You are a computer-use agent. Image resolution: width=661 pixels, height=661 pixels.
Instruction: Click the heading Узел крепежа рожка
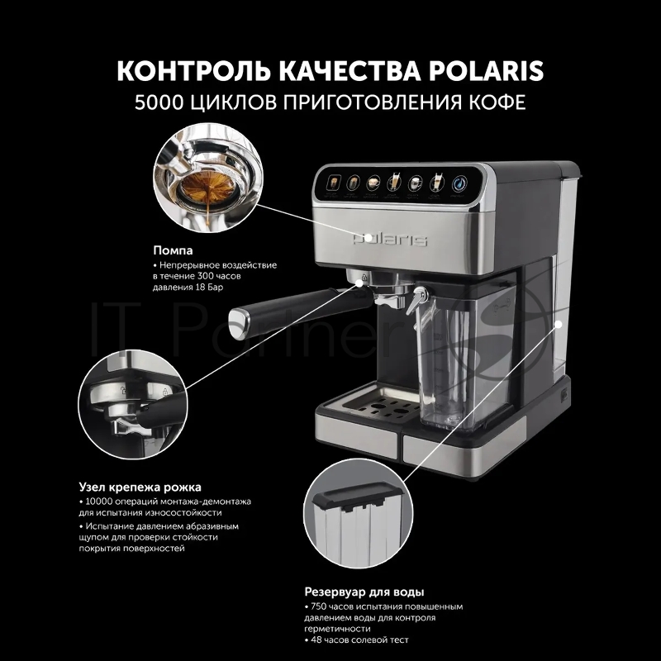pyautogui.click(x=140, y=487)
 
